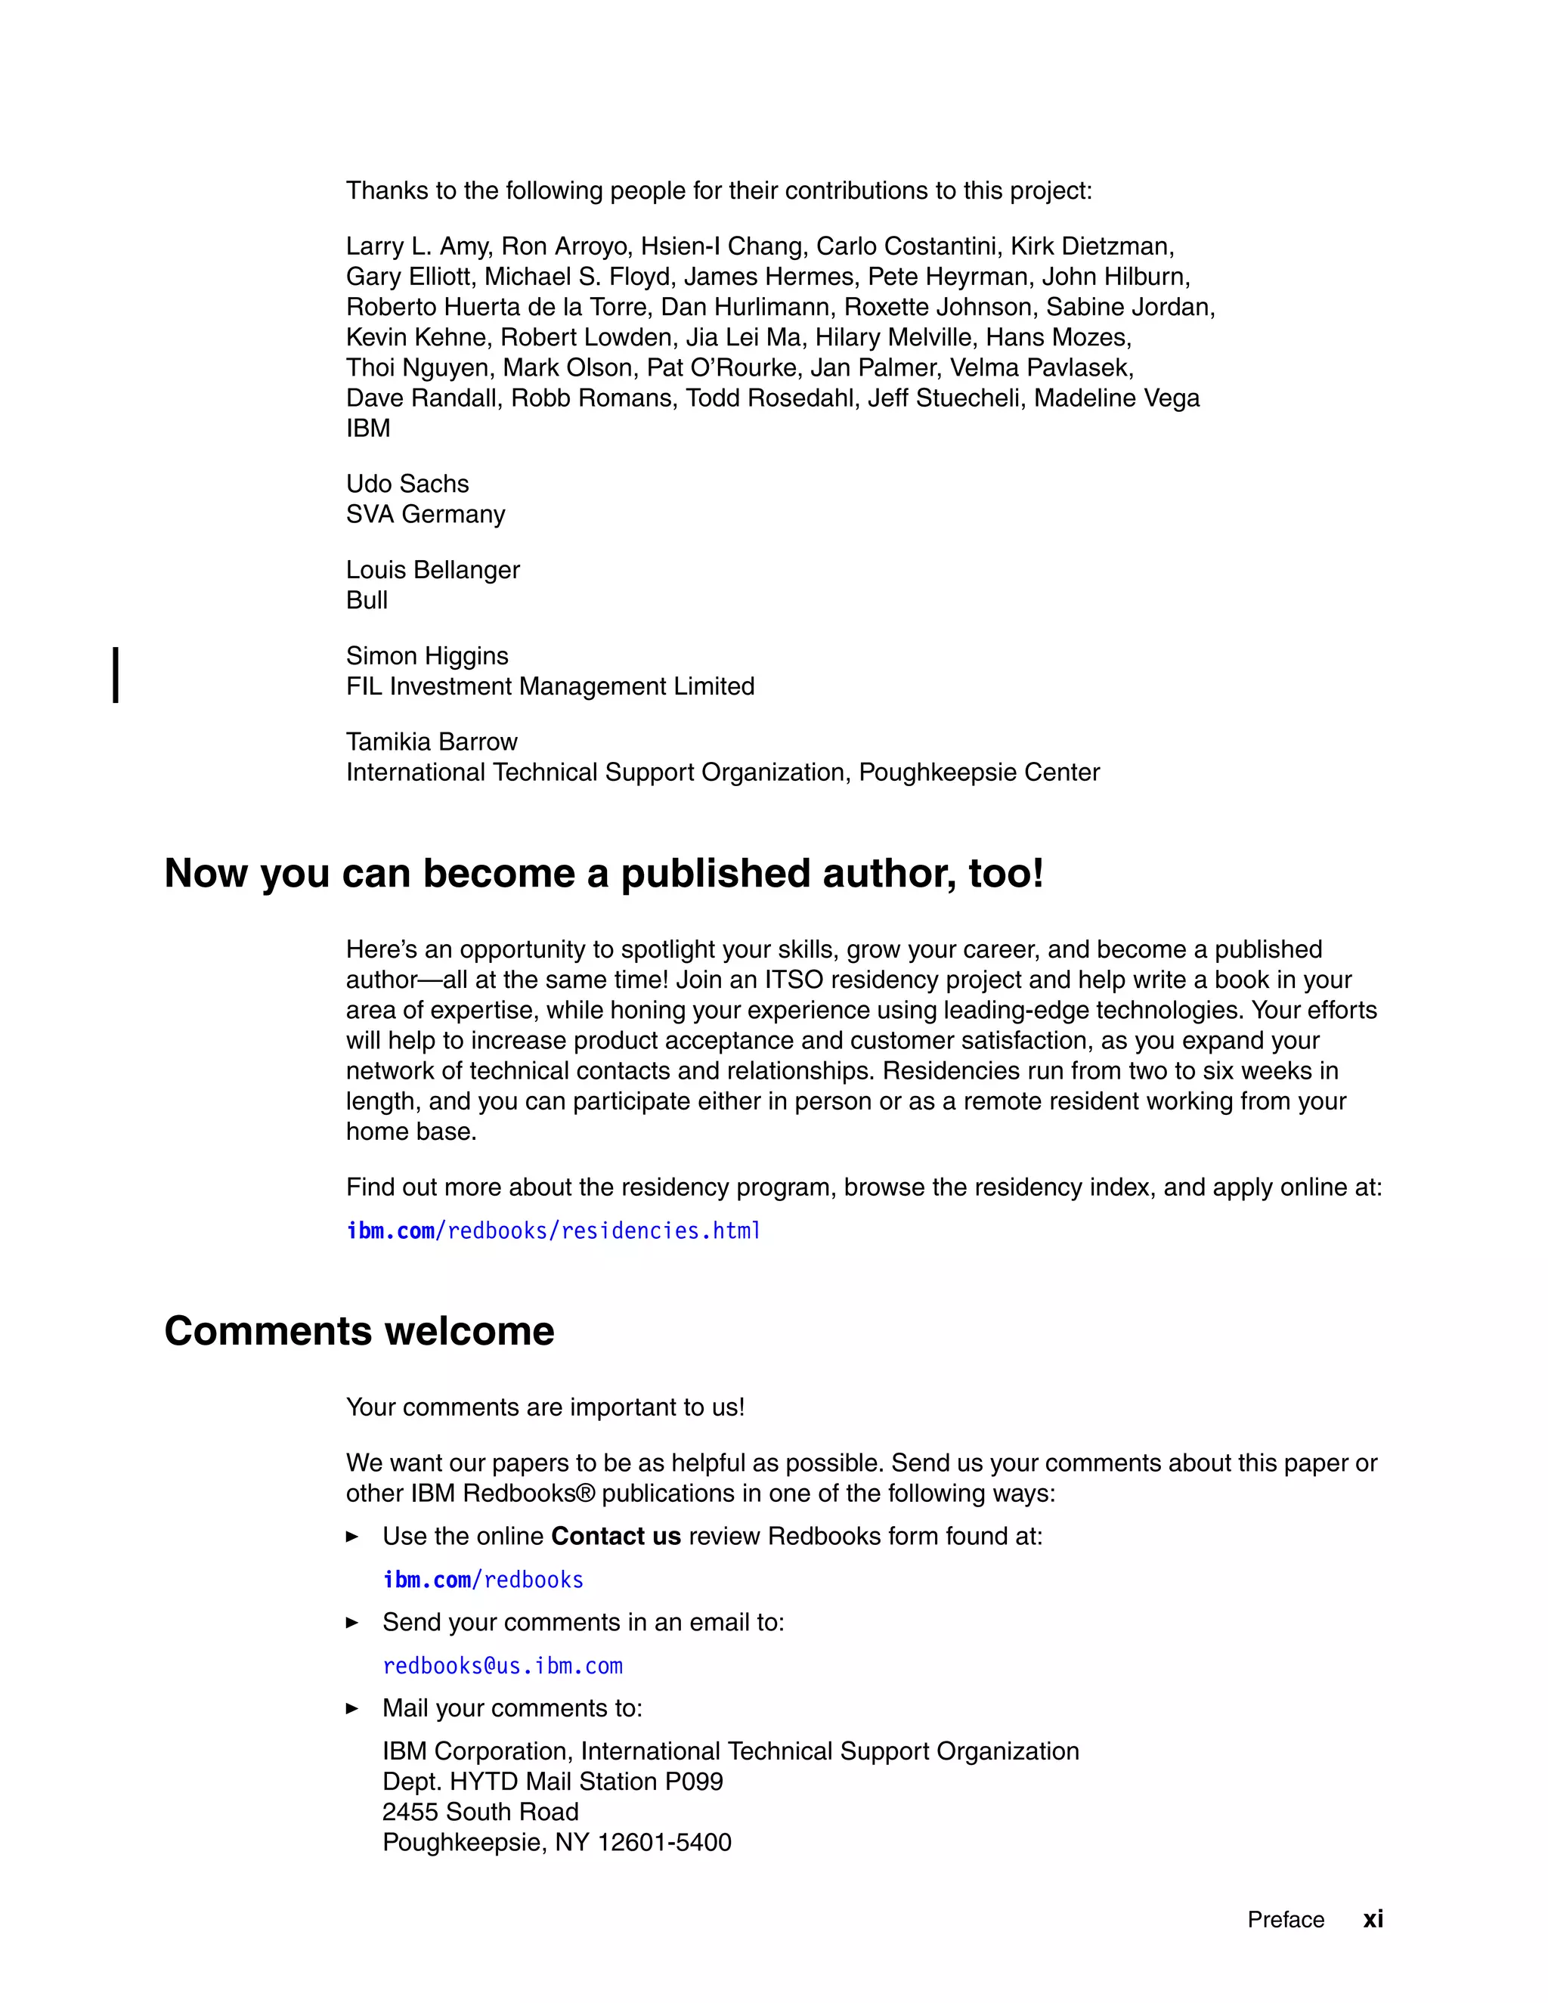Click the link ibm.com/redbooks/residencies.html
coord(553,1231)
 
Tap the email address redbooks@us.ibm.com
coord(503,1665)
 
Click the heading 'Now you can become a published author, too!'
coord(603,873)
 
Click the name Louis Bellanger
coord(433,570)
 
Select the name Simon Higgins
coord(426,656)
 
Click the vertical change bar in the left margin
coord(116,675)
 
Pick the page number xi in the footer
coord(1373,1918)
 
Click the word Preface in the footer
coord(1286,1920)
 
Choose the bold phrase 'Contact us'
coord(616,1536)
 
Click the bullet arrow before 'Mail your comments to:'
coord(352,1709)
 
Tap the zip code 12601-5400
coord(665,1843)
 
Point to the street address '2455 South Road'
coord(481,1813)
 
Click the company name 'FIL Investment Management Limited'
coord(550,686)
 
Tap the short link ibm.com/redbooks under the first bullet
coord(483,1579)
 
